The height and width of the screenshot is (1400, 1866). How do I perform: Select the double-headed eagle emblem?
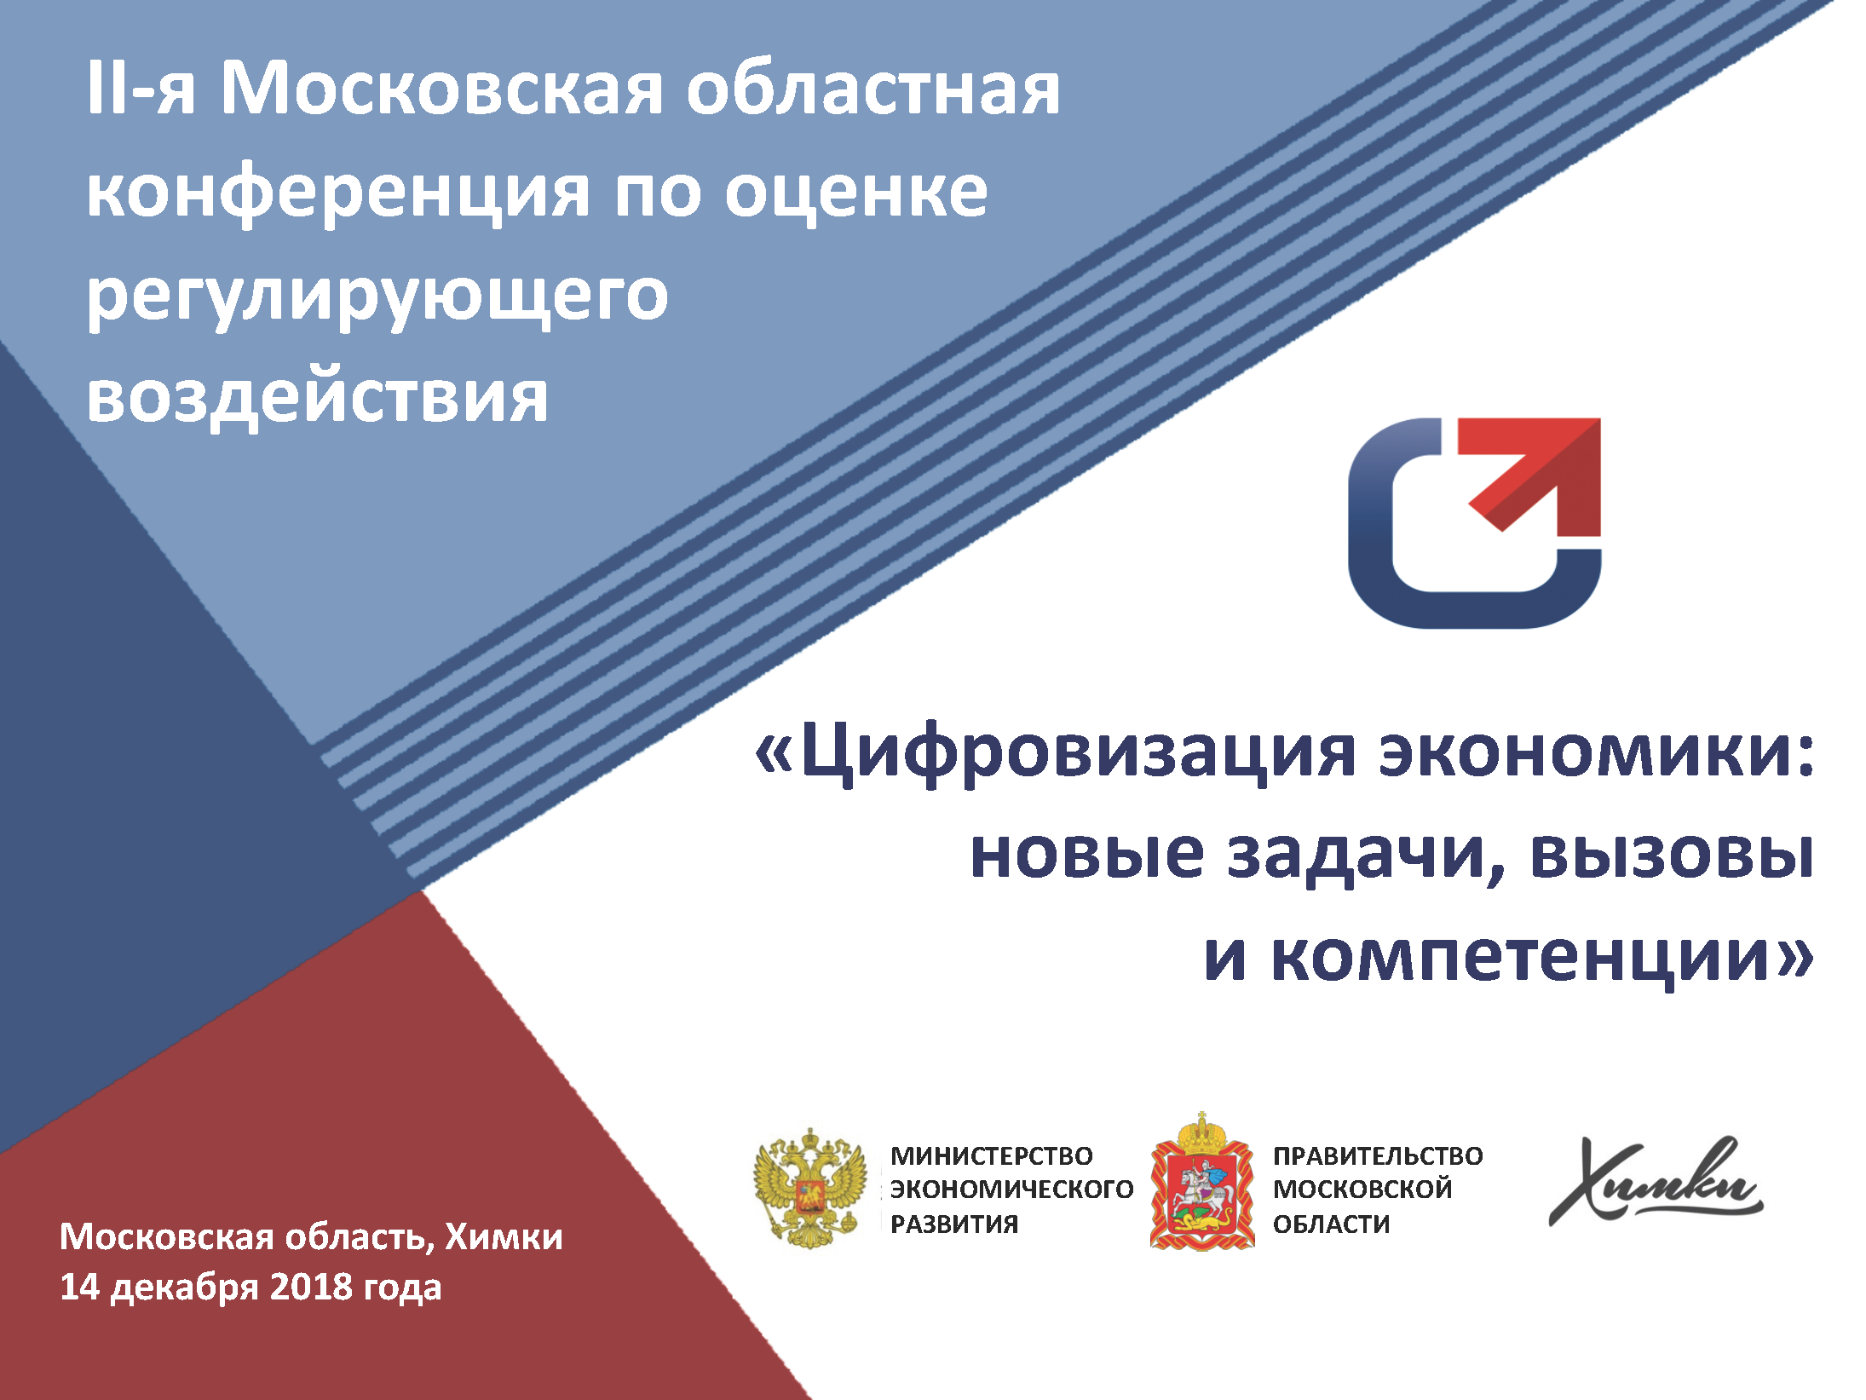(x=809, y=1188)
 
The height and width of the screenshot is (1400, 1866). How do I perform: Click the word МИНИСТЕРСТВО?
(x=991, y=1156)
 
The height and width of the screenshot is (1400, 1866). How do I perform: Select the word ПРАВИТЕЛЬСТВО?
(x=1378, y=1156)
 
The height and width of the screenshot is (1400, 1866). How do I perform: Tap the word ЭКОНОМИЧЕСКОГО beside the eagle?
(x=1011, y=1190)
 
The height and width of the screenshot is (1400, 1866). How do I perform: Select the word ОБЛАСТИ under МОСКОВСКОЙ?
(x=1331, y=1224)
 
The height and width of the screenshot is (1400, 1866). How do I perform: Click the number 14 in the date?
(x=80, y=1287)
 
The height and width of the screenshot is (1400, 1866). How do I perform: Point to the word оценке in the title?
(x=856, y=194)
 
